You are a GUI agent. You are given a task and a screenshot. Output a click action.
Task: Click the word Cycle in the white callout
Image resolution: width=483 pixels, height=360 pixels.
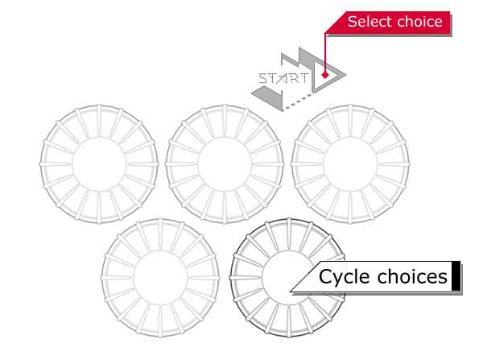pos(345,277)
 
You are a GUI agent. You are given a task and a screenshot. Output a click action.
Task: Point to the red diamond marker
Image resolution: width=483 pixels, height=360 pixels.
pos(324,75)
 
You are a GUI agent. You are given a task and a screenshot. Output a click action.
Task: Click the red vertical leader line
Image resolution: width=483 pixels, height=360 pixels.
pos(324,52)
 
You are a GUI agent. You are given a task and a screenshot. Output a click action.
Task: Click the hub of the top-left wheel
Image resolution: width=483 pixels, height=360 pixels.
pos(99,164)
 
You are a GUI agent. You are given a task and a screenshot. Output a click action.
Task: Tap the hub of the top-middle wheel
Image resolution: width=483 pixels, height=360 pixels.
pos(224,164)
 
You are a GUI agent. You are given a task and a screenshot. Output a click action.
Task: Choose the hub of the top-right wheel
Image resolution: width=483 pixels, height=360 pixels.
pos(349,164)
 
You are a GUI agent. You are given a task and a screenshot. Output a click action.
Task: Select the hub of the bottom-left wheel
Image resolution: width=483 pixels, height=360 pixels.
pos(160,277)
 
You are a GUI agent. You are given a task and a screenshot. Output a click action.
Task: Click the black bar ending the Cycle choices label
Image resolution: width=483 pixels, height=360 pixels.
pos(456,277)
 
